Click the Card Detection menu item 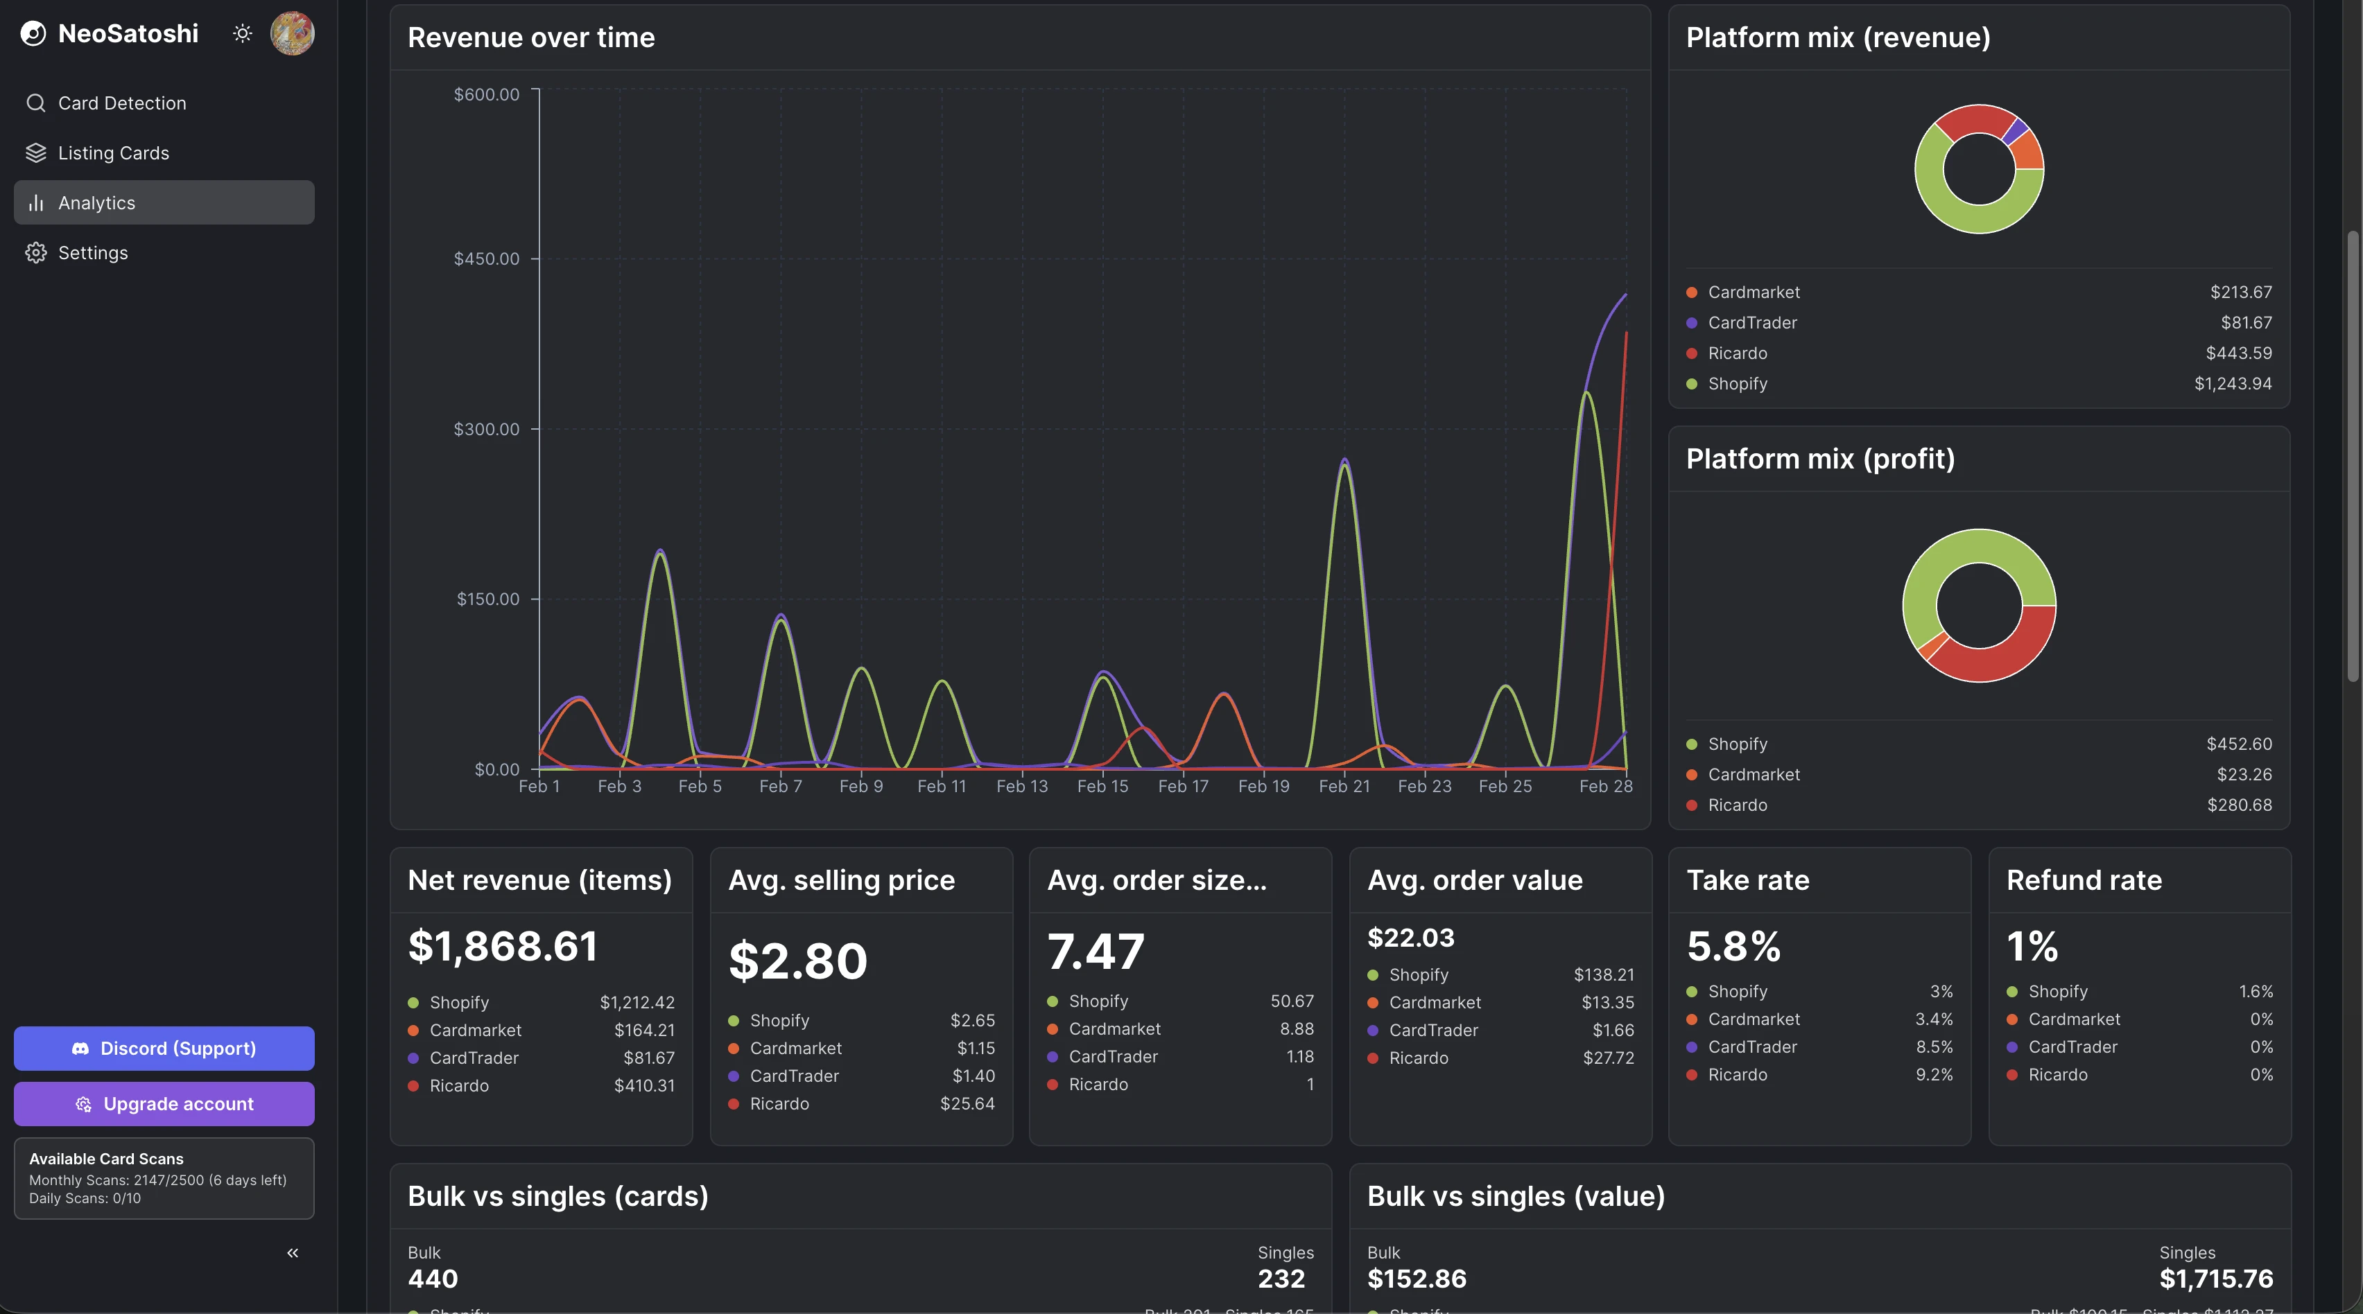click(x=121, y=103)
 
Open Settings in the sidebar click(x=93, y=252)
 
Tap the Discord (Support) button click(x=164, y=1048)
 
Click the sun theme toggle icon click(x=242, y=34)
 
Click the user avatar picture click(x=293, y=34)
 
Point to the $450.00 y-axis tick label click(x=486, y=259)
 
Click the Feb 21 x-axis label click(x=1344, y=786)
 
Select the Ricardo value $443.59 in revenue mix click(x=2238, y=353)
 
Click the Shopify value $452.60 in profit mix click(x=2238, y=744)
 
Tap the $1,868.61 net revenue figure click(x=503, y=946)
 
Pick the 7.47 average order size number click(x=1096, y=952)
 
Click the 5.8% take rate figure click(x=1733, y=946)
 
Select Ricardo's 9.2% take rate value click(x=1934, y=1075)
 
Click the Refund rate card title click(x=2083, y=880)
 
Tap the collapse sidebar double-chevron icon click(x=293, y=1252)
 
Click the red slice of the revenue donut click(x=1972, y=120)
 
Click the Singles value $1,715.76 click(x=2215, y=1278)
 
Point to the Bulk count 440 click(x=432, y=1278)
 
